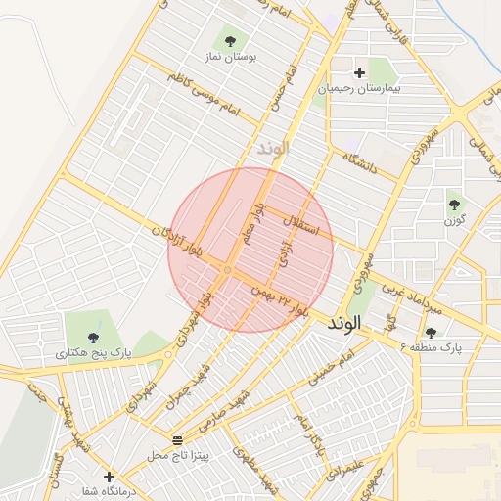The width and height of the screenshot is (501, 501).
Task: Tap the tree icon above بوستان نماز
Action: [x=230, y=41]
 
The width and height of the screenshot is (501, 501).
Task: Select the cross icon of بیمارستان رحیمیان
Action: [x=359, y=72]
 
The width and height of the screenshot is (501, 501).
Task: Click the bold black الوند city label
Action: [x=344, y=322]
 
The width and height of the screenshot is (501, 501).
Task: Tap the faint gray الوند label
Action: [x=274, y=149]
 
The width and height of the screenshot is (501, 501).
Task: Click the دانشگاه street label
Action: [x=360, y=162]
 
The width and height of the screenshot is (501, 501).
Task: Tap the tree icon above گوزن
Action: [x=454, y=204]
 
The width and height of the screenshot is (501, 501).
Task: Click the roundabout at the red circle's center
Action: [x=226, y=268]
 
